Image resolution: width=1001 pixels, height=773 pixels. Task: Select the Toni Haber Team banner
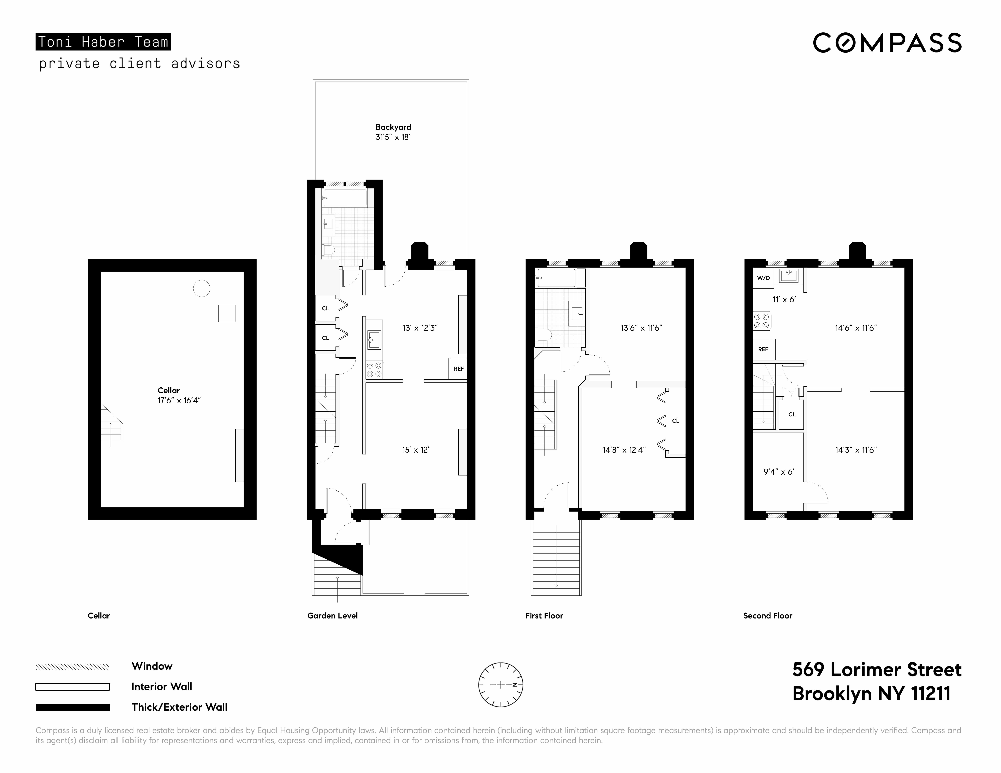(103, 42)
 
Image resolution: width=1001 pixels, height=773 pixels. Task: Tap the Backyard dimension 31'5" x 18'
(393, 137)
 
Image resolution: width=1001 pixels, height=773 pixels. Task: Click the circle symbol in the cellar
(202, 289)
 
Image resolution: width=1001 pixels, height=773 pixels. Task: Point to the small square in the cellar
(226, 314)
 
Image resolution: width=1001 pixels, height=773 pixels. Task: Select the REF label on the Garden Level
(458, 369)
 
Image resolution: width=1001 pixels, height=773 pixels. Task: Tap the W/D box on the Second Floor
(763, 278)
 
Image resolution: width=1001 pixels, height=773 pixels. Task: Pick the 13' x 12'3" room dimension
(420, 328)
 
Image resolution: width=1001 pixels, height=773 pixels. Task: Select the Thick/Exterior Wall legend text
(179, 707)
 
